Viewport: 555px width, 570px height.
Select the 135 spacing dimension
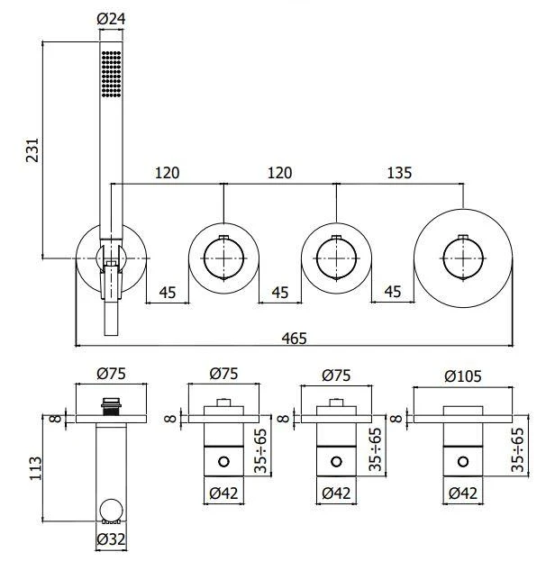point(401,171)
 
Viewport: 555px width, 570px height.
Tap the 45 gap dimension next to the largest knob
point(393,292)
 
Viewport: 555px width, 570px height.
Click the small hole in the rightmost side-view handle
point(462,464)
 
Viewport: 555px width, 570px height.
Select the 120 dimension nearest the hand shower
point(168,171)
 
